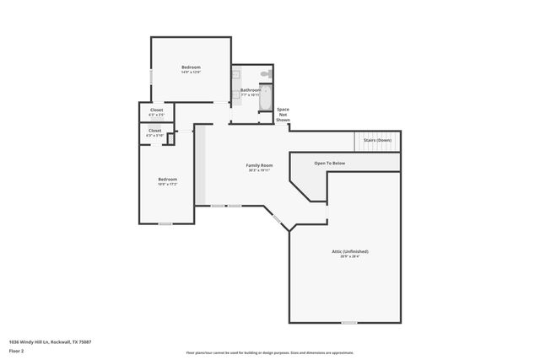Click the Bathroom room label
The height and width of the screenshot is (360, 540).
click(251, 90)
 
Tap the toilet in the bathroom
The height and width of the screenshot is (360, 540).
click(264, 75)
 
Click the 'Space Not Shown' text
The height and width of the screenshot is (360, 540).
click(283, 115)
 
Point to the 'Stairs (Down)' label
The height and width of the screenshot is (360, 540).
click(376, 140)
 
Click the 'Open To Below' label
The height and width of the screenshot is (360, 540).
click(330, 163)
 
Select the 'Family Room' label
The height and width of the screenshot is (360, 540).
click(259, 164)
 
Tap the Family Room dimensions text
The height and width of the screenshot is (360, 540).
click(259, 170)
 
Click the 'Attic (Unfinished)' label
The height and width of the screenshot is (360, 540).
click(349, 251)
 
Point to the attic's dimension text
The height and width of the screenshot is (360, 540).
click(349, 257)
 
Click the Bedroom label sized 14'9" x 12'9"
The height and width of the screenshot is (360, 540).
click(192, 67)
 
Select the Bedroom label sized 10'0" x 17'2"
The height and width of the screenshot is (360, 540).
click(167, 179)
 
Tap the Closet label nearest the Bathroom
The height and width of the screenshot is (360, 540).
click(157, 110)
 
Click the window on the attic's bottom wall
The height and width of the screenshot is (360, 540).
click(348, 322)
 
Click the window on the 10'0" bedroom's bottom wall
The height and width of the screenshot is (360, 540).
click(165, 223)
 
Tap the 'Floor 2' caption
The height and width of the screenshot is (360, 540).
click(16, 349)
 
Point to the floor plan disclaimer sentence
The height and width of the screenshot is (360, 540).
click(270, 352)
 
